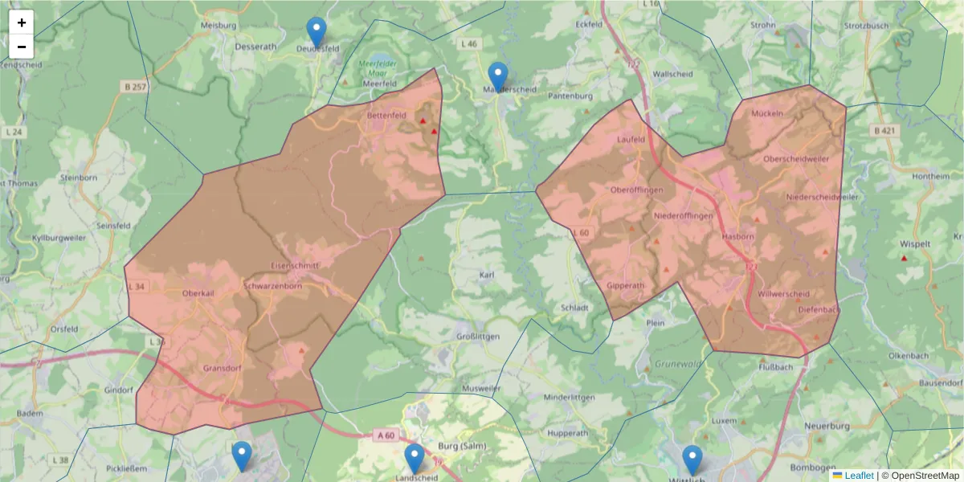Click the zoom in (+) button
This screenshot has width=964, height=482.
tap(22, 22)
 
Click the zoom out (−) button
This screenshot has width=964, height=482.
tap(22, 47)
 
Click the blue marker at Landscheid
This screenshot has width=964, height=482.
tap(415, 459)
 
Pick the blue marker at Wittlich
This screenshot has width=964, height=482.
tap(692, 460)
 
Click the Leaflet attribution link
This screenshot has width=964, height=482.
tap(859, 476)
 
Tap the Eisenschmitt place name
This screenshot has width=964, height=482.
tap(295, 265)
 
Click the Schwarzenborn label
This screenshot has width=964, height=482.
tap(272, 286)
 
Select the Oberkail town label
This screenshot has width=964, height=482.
tap(198, 293)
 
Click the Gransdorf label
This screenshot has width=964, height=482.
tap(223, 368)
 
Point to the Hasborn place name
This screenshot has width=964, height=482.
tap(738, 237)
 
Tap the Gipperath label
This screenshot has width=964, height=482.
tap(626, 286)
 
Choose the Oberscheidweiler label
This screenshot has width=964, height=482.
tap(796, 159)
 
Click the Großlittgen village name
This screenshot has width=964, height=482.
tap(478, 336)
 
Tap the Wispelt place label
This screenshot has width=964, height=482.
tap(915, 243)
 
